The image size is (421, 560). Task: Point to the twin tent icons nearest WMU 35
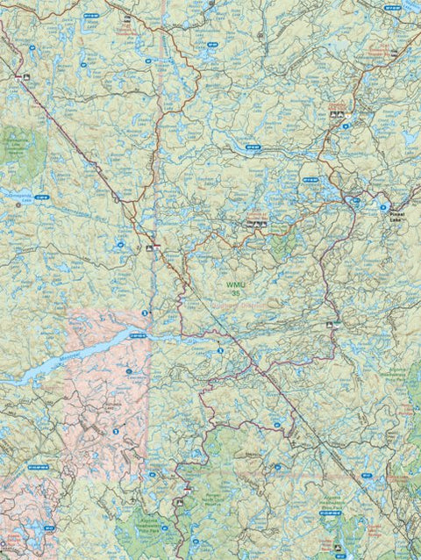[x=256, y=225]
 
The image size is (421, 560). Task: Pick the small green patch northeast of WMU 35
[x=281, y=247]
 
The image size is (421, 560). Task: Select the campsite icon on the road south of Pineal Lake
[x=336, y=324]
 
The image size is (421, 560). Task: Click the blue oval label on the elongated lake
[x=137, y=335]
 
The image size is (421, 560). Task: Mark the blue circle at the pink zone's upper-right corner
[x=146, y=312]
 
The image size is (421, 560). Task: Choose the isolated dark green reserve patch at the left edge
[x=18, y=145]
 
